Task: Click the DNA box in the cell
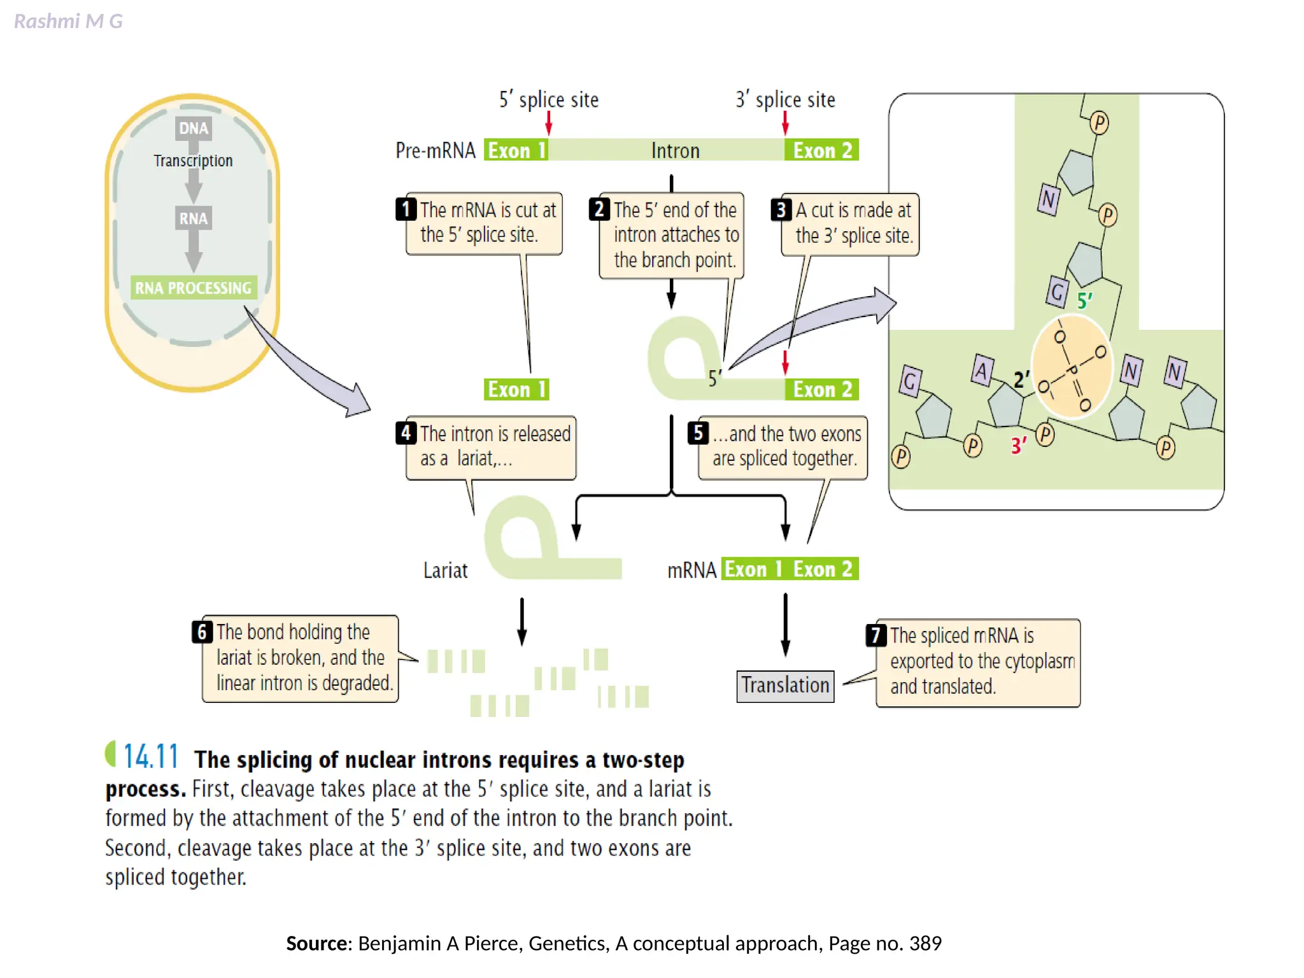point(194,128)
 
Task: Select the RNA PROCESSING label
point(194,288)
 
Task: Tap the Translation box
point(785,686)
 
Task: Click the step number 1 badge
point(406,209)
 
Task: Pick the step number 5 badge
point(698,433)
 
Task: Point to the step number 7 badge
point(876,635)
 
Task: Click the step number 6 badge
point(202,632)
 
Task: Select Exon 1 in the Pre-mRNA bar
point(516,150)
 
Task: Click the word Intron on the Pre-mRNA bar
point(675,151)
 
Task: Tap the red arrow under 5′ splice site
point(549,123)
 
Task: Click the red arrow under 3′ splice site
point(785,123)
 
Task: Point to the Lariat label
point(445,570)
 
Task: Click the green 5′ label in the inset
point(1084,301)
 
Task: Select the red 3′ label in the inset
point(1019,445)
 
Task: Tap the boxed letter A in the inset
point(982,371)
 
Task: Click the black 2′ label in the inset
point(1021,379)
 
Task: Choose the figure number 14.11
point(150,756)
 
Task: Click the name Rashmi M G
point(68,22)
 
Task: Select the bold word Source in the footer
point(316,943)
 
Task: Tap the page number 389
point(925,943)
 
